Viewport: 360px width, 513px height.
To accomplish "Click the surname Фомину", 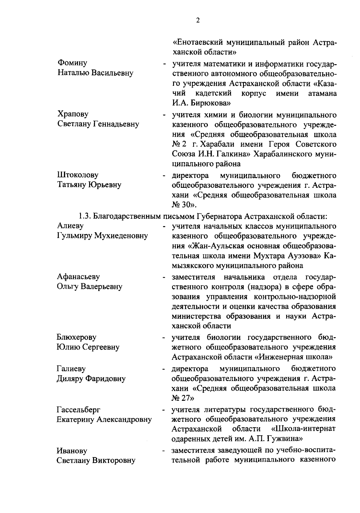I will (x=72, y=63).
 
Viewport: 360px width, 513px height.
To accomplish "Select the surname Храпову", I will (x=73, y=114).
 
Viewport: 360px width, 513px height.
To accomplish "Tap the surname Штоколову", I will (x=78, y=175).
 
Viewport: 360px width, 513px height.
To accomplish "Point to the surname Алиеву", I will (x=70, y=226).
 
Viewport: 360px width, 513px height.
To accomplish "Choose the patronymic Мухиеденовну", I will (x=121, y=236).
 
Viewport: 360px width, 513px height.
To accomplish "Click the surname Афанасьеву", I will (x=78, y=276).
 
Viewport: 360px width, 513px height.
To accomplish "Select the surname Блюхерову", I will (x=77, y=337).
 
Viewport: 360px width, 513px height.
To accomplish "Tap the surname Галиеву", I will (x=71, y=368).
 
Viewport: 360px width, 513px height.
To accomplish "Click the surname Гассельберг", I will (x=79, y=409).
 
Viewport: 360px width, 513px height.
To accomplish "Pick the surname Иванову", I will (x=72, y=451).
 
